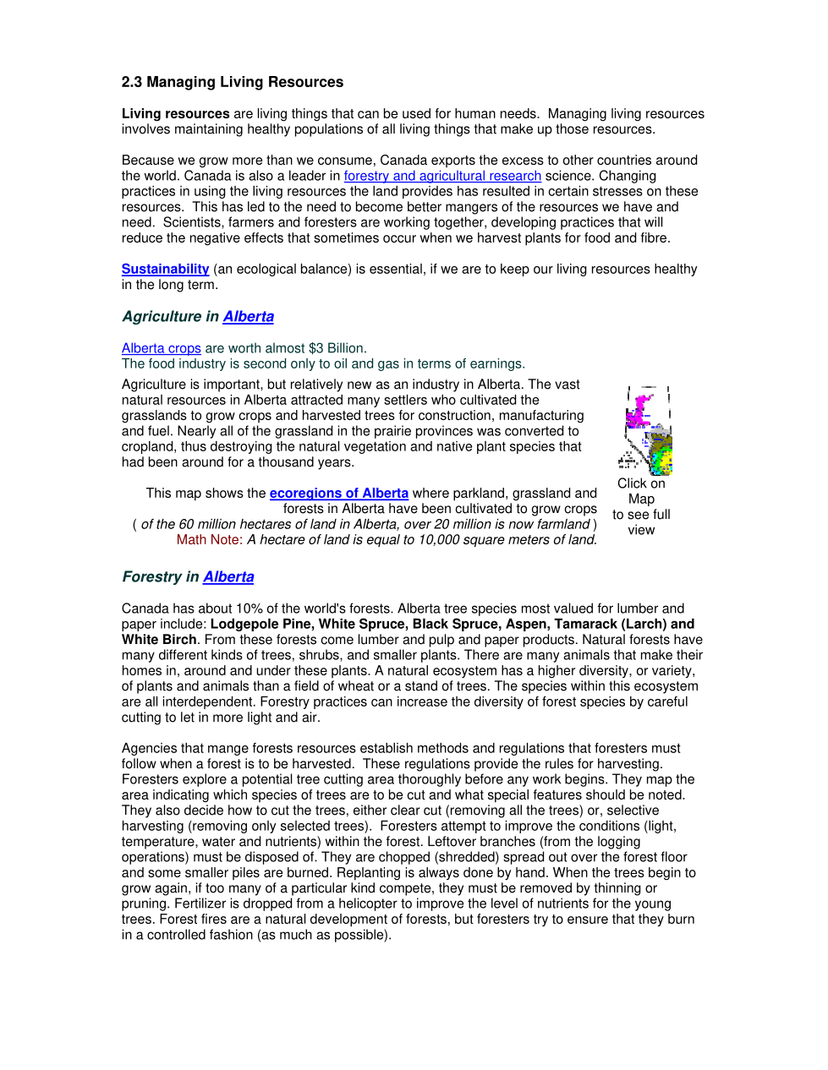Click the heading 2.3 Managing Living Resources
tap(232, 82)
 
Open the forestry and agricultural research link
tap(441, 176)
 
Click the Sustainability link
tap(165, 269)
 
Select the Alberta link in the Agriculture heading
tap(248, 316)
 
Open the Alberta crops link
tap(161, 348)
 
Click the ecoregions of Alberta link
tap(338, 493)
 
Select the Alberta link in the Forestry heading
tap(228, 576)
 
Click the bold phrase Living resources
tap(175, 113)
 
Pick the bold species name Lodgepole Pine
tap(260, 624)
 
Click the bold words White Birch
tap(158, 640)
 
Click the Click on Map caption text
tap(641, 491)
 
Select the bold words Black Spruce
tap(455, 624)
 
